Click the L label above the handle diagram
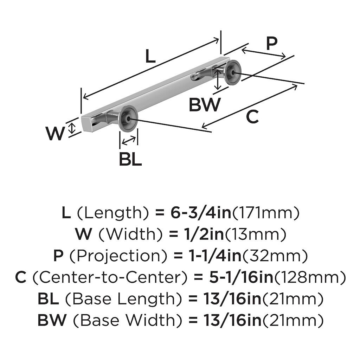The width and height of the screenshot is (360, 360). pyautogui.click(x=150, y=56)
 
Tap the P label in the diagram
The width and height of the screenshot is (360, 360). pyautogui.click(x=271, y=44)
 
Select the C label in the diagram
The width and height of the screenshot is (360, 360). pyautogui.click(x=252, y=117)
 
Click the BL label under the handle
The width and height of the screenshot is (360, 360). pyautogui.click(x=130, y=159)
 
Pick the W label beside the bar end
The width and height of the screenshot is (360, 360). pyautogui.click(x=55, y=134)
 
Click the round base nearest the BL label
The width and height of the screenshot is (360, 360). pyautogui.click(x=128, y=118)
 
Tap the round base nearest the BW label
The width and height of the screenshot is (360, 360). pyautogui.click(x=233, y=72)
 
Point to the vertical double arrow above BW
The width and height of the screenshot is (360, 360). pyautogui.click(x=219, y=79)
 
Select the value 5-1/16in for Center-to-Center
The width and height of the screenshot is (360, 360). pyautogui.click(x=242, y=277)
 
